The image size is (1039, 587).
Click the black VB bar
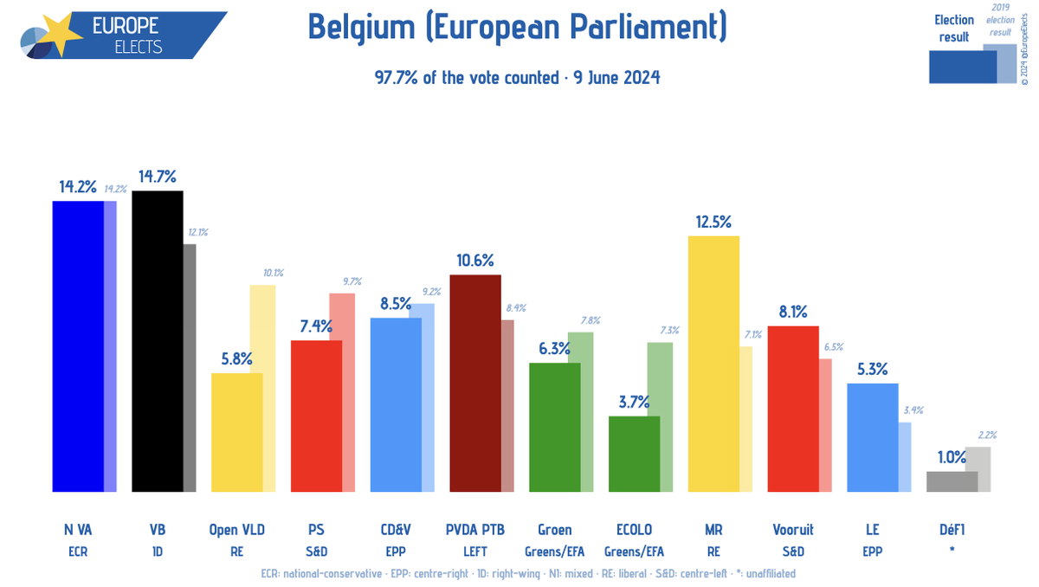(157, 342)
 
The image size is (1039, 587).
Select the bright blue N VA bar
(78, 346)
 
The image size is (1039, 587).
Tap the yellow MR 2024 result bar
(713, 364)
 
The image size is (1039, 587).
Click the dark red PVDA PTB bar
(474, 384)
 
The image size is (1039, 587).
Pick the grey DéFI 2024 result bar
(952, 482)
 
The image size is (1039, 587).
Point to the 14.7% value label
(157, 177)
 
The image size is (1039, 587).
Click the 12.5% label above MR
(713, 222)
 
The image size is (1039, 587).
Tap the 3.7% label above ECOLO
(634, 403)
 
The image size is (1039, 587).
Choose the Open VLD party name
(237, 530)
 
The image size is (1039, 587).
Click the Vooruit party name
(792, 530)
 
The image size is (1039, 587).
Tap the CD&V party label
(396, 530)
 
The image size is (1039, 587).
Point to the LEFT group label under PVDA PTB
(474, 550)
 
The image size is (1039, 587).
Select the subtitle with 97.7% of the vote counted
(517, 77)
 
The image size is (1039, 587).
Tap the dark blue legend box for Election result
(961, 66)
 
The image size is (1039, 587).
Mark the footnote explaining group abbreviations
(527, 573)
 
